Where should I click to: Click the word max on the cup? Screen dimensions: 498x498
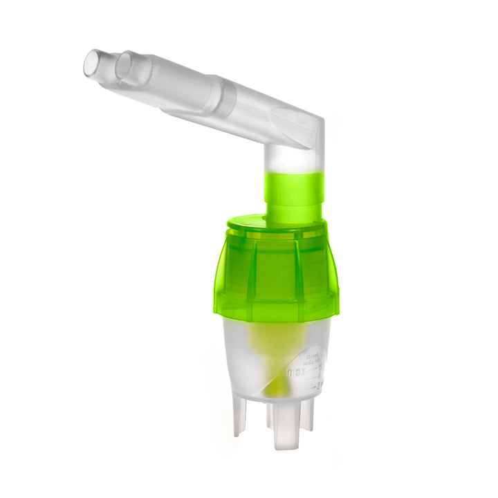pos(295,371)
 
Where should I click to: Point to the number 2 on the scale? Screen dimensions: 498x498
pos(319,385)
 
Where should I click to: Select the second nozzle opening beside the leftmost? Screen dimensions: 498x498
pos(125,66)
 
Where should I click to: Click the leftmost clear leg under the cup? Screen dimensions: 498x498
pos(240,415)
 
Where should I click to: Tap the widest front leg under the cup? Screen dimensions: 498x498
pos(284,429)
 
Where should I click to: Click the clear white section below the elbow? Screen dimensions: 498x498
pos(293,160)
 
